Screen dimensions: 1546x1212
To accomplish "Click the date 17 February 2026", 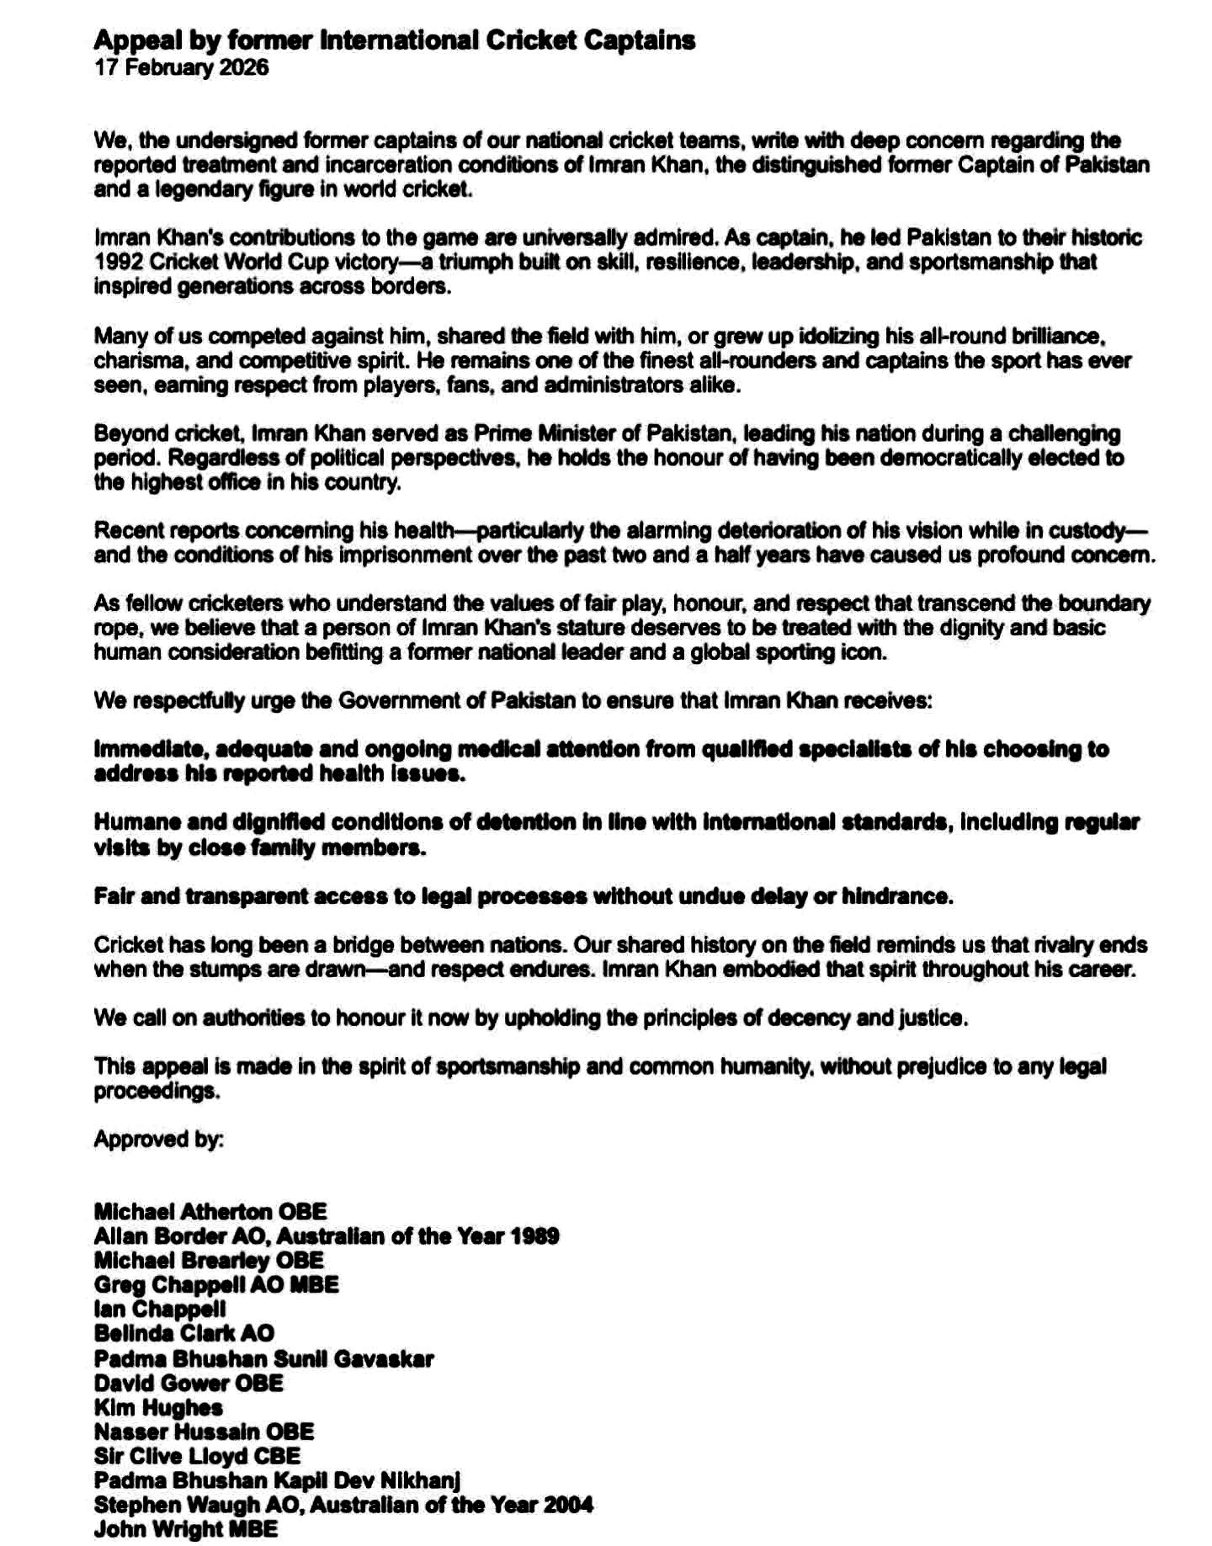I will (181, 67).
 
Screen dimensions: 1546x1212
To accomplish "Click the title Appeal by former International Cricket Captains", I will (394, 40).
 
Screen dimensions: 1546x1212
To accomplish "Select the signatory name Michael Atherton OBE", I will (210, 1212).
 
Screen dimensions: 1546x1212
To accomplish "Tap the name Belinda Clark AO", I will (183, 1333).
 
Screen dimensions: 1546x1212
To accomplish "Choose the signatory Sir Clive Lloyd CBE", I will (197, 1456).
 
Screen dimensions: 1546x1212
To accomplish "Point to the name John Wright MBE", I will (185, 1528).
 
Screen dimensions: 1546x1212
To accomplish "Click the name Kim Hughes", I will (158, 1407).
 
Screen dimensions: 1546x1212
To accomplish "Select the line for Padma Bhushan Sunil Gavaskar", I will (263, 1358).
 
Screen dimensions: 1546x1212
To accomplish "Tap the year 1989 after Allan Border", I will (534, 1236).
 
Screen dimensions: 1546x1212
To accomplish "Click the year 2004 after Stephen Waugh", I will (567, 1504).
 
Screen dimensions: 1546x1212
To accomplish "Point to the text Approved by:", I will (158, 1139).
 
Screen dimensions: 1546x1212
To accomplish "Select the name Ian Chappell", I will (160, 1310).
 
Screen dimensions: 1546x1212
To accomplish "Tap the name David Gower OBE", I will (189, 1383).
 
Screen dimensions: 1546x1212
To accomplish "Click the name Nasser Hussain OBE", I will (204, 1432).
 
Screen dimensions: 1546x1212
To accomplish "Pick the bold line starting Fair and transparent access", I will (523, 896).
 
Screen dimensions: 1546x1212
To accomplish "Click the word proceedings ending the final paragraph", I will (157, 1092).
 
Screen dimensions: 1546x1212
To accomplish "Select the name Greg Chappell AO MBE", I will (216, 1285).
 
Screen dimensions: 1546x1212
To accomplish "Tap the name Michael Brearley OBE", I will (208, 1261).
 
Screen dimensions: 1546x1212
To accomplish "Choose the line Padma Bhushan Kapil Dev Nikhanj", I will (277, 1480).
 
